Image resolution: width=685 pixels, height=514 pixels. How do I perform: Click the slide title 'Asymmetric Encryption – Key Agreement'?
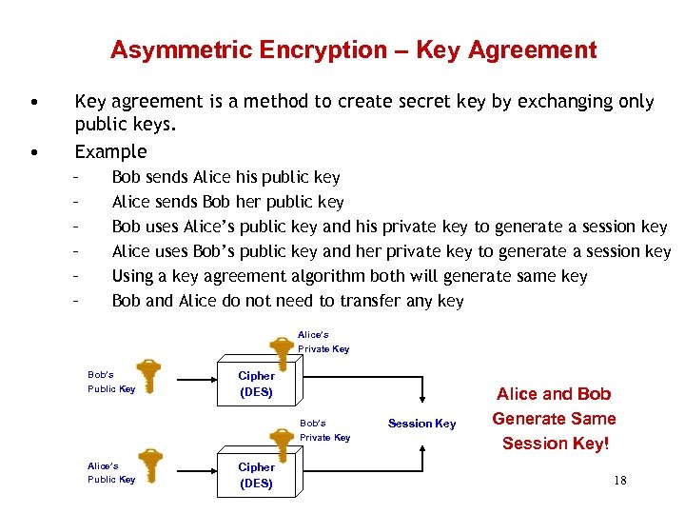353,50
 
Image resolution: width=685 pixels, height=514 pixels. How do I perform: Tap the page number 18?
620,480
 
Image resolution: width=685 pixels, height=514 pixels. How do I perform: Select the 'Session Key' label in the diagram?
421,424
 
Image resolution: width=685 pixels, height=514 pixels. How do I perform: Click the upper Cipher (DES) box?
256,384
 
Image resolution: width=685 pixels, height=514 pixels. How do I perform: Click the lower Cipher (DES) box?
256,475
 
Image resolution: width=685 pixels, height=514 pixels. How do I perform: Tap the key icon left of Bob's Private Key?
281,440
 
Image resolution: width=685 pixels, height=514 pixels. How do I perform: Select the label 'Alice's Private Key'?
323,342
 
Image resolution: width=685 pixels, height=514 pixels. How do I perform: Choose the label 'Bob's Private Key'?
324,430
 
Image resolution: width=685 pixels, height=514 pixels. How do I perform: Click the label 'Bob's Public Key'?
111,382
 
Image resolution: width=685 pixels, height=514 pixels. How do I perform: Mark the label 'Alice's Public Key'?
111,472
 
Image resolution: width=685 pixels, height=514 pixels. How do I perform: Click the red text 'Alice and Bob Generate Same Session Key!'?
554,419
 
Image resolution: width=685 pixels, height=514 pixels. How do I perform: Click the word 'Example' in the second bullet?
110,151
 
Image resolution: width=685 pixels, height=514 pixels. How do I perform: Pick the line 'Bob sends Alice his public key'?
225,177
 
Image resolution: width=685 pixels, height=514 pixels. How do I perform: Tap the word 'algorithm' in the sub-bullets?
326,276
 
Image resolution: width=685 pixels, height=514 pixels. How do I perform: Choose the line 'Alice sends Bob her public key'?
227,202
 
